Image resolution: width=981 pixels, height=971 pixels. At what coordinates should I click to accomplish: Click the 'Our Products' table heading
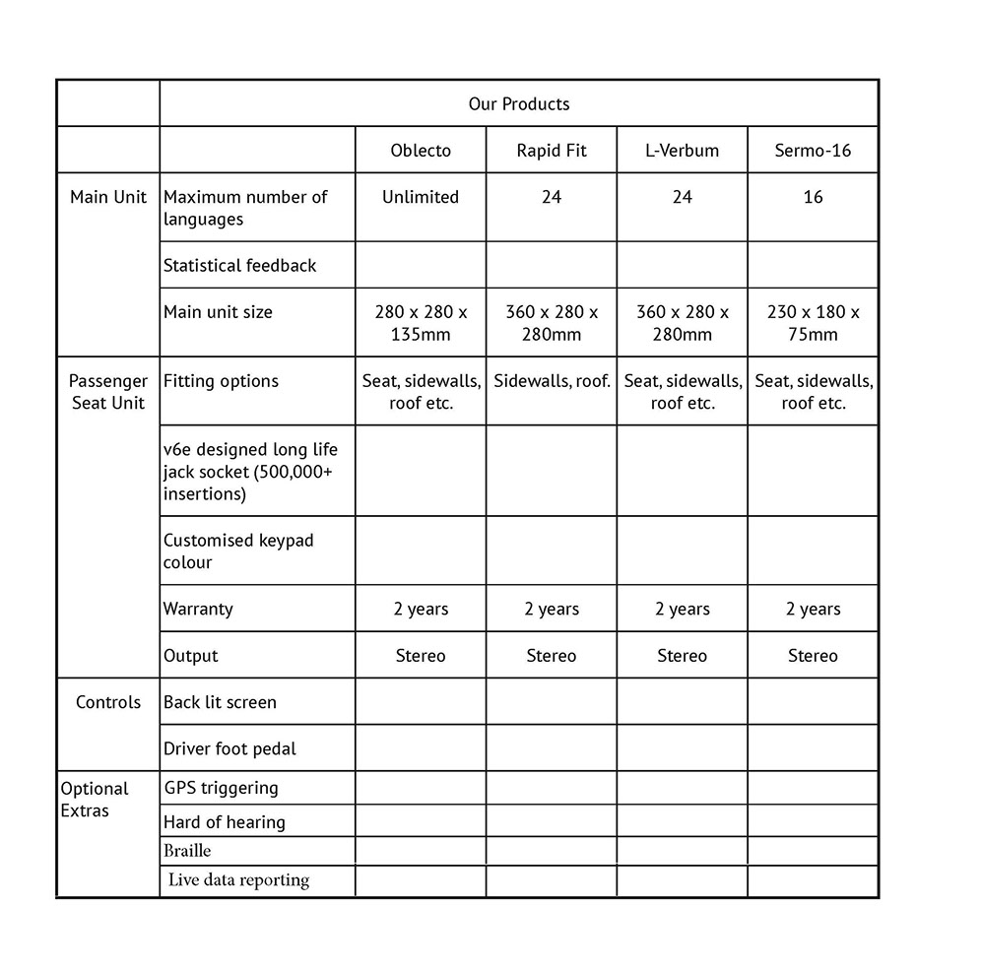[518, 103]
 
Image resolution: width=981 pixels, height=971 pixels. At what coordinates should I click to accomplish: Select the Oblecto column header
[421, 151]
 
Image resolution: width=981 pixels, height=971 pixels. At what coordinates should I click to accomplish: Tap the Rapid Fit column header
[552, 151]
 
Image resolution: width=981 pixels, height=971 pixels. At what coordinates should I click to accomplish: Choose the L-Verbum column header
[682, 151]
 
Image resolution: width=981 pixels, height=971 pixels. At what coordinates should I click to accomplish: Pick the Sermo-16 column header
[813, 151]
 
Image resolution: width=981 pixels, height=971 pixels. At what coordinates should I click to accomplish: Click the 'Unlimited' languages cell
[421, 197]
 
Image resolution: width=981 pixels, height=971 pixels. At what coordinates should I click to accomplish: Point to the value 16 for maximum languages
[813, 197]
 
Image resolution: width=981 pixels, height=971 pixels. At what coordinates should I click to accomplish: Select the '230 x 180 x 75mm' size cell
[813, 323]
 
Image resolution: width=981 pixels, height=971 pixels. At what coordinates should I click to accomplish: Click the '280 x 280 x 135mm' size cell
[421, 323]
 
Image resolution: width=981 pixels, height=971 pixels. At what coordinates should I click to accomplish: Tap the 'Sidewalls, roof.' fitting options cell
[552, 381]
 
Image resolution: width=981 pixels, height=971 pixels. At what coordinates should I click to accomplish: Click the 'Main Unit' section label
[108, 197]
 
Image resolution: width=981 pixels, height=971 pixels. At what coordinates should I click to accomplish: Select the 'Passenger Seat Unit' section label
[108, 392]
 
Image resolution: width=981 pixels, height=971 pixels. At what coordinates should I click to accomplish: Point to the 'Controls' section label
[108, 702]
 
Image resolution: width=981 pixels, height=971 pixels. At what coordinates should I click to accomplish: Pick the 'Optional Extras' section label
[95, 800]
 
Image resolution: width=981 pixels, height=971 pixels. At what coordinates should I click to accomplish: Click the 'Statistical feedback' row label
[240, 265]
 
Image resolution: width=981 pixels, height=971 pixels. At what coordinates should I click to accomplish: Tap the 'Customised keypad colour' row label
[238, 551]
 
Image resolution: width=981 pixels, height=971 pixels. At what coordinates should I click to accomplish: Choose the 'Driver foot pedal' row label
[229, 748]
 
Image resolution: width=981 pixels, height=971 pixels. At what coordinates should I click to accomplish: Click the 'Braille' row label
[187, 851]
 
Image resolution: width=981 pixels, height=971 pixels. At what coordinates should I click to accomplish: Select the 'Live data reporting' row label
[238, 880]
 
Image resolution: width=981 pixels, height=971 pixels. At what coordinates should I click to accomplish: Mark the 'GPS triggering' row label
[221, 788]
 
